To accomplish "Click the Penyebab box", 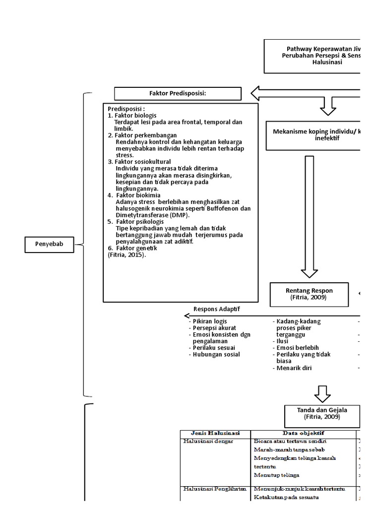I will [x=50, y=244].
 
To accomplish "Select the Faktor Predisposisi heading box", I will [x=178, y=93].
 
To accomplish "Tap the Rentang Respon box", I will [x=309, y=294].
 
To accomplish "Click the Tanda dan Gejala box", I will [x=322, y=413].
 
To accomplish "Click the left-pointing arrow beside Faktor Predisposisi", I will [x=303, y=93].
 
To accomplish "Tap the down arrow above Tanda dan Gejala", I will [x=322, y=393].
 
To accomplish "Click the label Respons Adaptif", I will [x=216, y=308].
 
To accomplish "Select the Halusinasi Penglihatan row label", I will [x=214, y=489].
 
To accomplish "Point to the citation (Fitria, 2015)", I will [x=127, y=254].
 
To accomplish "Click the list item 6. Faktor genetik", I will [x=132, y=248].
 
